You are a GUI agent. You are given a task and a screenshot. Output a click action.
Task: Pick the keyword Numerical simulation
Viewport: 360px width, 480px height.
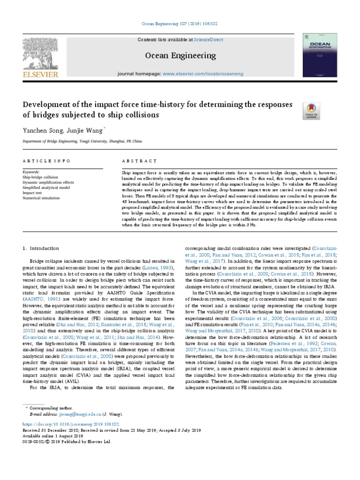[x=41, y=198]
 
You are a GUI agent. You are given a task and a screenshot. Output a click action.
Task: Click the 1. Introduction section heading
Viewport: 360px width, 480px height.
[x=41, y=248]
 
